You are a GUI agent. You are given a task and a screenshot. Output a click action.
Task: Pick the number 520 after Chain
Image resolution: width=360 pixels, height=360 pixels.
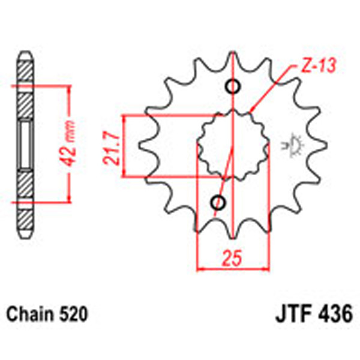[x=74, y=314]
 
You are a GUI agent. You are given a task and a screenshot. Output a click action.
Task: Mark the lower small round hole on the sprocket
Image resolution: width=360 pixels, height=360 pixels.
[x=218, y=203]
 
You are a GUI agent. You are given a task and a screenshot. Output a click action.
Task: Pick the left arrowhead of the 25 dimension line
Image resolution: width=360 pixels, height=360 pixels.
[x=202, y=268]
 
